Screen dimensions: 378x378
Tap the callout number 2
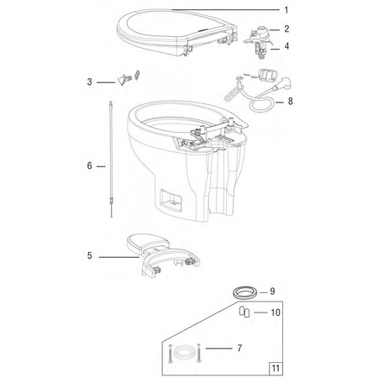[286, 29]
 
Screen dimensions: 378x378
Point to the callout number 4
[286, 46]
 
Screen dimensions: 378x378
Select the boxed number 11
[274, 366]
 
